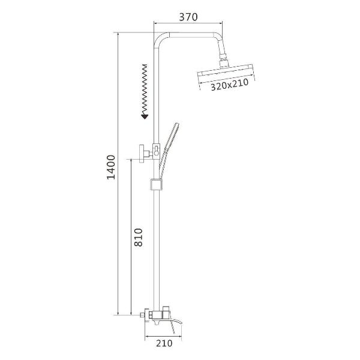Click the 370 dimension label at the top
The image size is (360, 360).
pos(188,17)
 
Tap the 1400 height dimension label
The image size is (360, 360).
pos(112,167)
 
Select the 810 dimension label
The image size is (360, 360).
pos(139,237)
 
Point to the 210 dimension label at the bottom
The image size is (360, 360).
pos(164,343)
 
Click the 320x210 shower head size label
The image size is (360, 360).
pos(230,85)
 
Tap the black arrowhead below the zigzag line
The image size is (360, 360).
pos(145,117)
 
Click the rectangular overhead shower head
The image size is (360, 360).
pos(226,73)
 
